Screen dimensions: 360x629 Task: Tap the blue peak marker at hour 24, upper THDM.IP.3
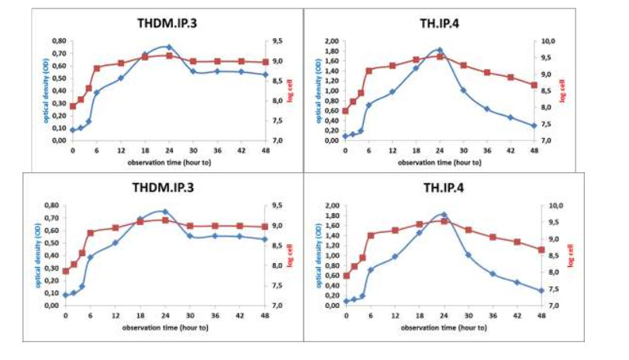click(169, 47)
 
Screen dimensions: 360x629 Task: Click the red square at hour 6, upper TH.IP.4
click(369, 71)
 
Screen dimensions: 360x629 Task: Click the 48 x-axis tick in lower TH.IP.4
click(535, 314)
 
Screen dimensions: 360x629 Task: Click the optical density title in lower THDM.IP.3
click(33, 254)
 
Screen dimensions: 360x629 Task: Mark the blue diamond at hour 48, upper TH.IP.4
click(534, 126)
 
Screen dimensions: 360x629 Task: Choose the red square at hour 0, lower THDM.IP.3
click(66, 272)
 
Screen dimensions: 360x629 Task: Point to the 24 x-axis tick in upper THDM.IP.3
click(169, 150)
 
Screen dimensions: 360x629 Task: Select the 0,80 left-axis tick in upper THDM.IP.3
click(59, 41)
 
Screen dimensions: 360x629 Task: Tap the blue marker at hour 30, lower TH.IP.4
click(468, 254)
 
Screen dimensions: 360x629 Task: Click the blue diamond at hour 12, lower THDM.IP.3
click(115, 243)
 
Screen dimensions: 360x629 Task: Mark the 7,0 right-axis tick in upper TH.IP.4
click(547, 140)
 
